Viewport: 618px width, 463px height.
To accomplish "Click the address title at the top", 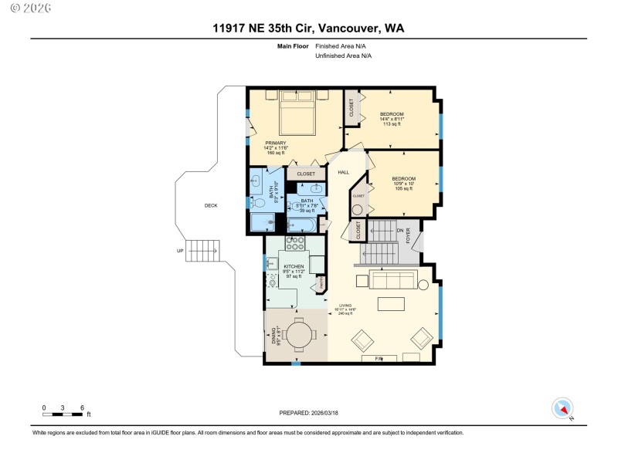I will tap(309, 29).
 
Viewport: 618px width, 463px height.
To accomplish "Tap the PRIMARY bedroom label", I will tap(276, 147).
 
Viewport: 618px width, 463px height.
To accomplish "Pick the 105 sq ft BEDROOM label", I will tap(404, 184).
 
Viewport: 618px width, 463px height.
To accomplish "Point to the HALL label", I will tap(344, 172).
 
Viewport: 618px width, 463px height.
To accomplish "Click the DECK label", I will tap(211, 205).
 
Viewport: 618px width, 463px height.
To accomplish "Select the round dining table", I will tap(299, 333).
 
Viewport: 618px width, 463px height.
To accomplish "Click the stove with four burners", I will tap(295, 245).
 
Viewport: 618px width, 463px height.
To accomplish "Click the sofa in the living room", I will tap(393, 278).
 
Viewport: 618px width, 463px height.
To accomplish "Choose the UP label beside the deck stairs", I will tap(181, 251).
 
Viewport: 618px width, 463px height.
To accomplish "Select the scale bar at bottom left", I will tap(63, 413).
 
